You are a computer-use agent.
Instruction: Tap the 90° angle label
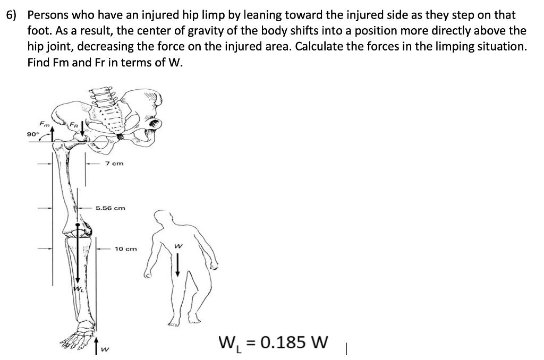click(32, 134)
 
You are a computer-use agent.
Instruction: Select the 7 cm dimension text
click(114, 164)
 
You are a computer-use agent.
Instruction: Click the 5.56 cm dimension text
click(110, 208)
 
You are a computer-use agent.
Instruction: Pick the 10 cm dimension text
click(126, 248)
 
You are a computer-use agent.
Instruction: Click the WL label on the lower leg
click(78, 289)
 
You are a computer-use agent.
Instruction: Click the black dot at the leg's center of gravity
click(78, 225)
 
